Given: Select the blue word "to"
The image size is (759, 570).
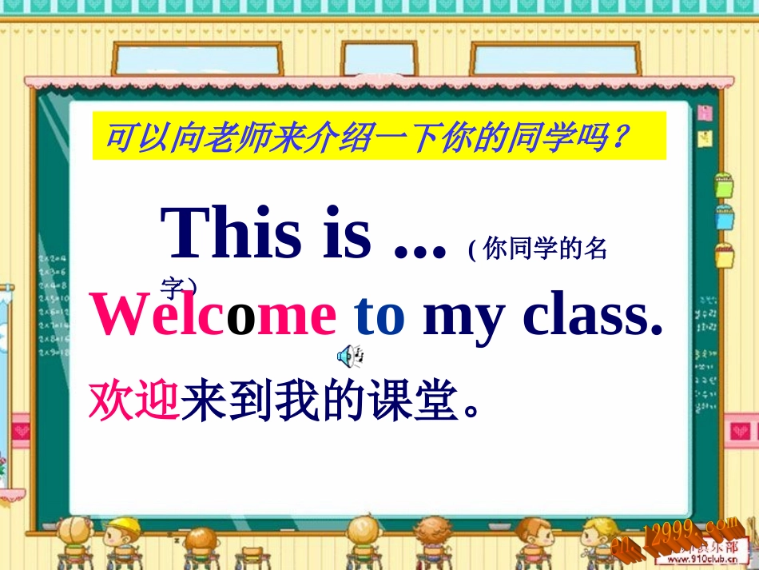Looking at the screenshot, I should tap(380, 316).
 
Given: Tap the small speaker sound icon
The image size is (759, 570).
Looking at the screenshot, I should tap(351, 354).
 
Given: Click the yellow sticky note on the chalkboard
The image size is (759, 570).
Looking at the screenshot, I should tap(705, 138).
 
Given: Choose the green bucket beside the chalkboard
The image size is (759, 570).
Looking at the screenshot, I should tap(724, 185).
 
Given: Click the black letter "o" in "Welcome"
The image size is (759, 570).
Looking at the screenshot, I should tap(241, 317).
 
